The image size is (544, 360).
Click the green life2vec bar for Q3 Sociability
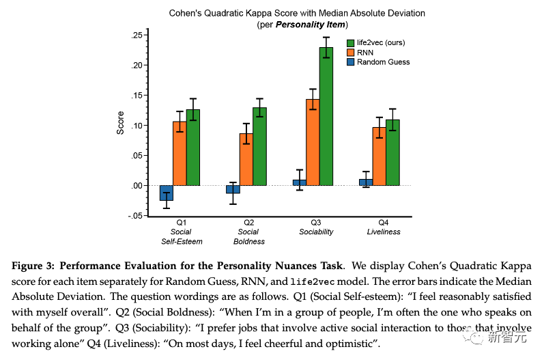click(326, 116)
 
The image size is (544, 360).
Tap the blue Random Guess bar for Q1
click(167, 193)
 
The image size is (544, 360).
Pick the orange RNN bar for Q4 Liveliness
click(379, 156)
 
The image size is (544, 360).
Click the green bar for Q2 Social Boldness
click(259, 146)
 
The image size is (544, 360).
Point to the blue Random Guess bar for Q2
click(233, 189)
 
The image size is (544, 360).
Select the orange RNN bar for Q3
click(313, 142)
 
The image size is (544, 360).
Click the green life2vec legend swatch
click(351, 42)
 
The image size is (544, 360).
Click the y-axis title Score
click(120, 123)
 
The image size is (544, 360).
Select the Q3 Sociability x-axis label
click(316, 227)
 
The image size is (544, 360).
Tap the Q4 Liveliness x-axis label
click(382, 227)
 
